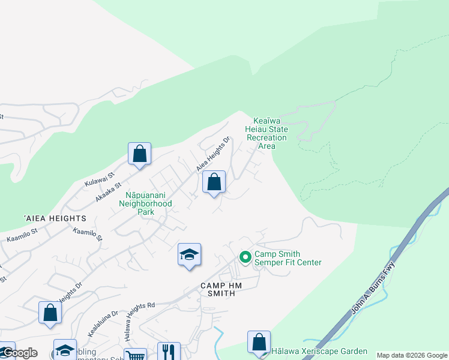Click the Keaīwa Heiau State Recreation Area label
coord(267,133)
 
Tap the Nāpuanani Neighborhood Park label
coord(148,203)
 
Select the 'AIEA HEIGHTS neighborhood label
coord(55,218)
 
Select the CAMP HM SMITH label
coord(221,290)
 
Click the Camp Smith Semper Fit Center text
coord(288,259)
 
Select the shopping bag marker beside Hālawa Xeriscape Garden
coord(259,342)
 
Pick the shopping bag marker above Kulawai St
coord(139,154)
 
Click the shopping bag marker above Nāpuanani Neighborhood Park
coord(214,182)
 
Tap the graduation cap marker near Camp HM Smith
coord(189,254)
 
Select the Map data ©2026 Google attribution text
coord(412,355)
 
